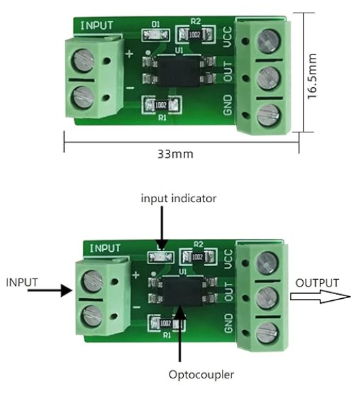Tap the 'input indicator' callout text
tap(178, 198)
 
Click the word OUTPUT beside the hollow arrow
tap(317, 283)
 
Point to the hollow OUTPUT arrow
tap(320, 297)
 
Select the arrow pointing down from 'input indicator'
tap(161, 229)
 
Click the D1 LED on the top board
tap(155, 34)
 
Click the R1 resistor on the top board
tap(162, 105)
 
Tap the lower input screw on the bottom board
tap(89, 316)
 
